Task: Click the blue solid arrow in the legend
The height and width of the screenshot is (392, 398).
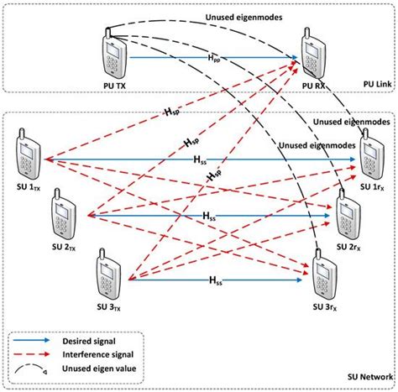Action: click(x=42, y=340)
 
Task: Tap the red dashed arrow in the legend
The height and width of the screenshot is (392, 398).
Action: click(x=42, y=355)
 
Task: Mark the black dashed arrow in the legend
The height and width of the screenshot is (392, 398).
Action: click(x=42, y=369)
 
